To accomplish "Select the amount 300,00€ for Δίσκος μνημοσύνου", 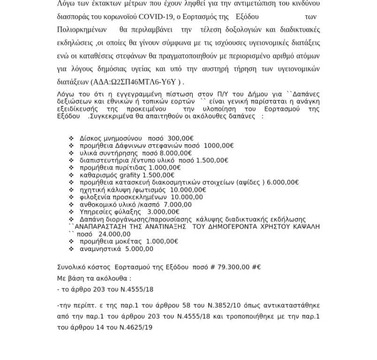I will (181, 138).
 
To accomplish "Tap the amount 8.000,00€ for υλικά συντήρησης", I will (176, 153).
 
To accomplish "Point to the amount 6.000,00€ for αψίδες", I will (282, 182).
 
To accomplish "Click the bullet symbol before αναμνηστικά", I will (71, 249).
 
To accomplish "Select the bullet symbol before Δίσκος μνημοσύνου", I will (71, 138).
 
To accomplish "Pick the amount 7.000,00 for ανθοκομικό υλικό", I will (177, 204).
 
